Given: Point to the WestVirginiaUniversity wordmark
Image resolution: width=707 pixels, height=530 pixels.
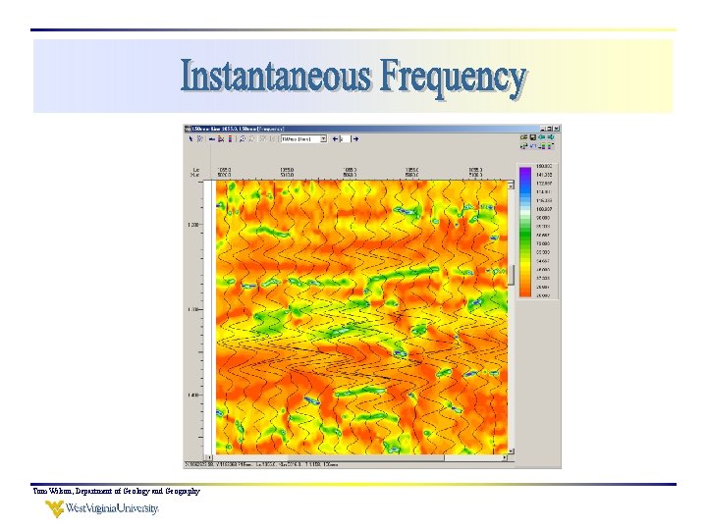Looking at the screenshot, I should (113, 508).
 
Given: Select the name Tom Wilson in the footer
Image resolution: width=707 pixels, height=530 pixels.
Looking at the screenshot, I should (52, 491).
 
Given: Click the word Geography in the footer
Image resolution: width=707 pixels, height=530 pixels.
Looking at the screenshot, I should (177, 491).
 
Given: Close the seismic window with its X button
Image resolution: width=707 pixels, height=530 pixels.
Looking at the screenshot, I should (557, 128).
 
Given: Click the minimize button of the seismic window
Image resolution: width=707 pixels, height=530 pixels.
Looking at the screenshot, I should (542, 128).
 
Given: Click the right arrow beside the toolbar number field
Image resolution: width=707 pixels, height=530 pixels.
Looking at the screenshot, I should (355, 138).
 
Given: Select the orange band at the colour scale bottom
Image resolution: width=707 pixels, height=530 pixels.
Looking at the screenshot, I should (524, 291).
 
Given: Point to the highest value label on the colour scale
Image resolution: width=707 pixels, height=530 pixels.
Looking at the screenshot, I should (544, 168).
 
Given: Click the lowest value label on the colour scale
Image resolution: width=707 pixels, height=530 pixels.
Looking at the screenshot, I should (544, 295).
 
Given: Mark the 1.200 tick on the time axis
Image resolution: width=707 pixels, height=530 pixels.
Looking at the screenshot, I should (194, 225).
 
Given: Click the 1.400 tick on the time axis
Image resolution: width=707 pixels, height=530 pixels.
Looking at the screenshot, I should (194, 395).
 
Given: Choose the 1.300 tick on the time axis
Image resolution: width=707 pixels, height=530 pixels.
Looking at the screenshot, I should (194, 309).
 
